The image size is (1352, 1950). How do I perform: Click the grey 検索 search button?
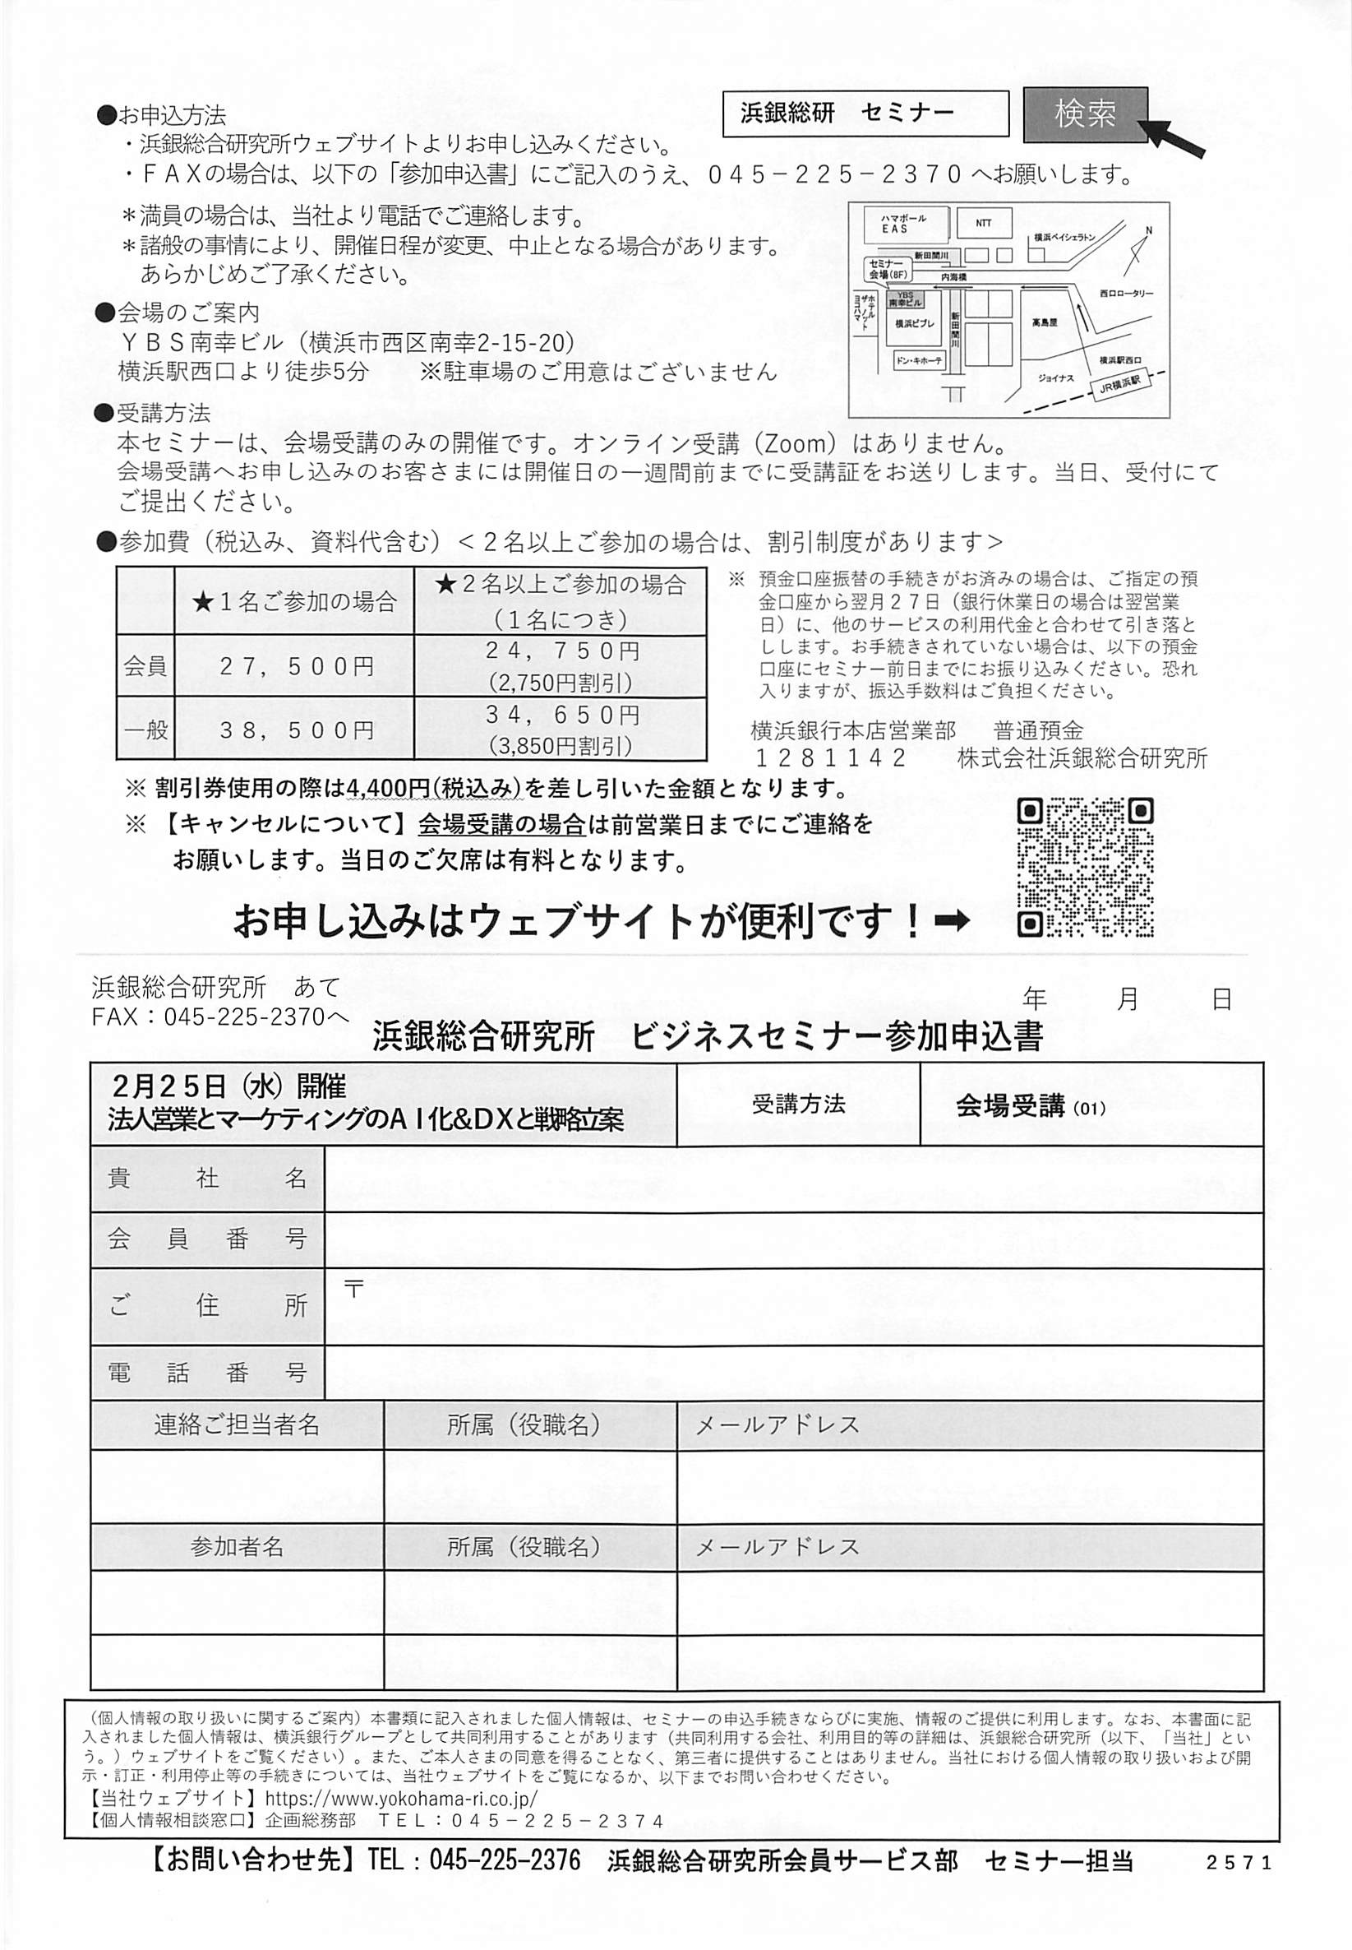[x=1085, y=113]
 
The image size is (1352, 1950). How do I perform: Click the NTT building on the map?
[x=983, y=224]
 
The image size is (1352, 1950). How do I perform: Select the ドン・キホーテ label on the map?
[x=918, y=361]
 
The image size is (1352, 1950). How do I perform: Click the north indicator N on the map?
[x=1149, y=229]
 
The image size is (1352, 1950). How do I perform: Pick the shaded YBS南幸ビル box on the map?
[x=905, y=299]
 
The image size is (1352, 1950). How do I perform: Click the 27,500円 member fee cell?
[x=296, y=666]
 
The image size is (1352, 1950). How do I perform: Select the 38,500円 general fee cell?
[x=296, y=730]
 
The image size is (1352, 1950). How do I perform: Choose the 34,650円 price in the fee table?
[x=561, y=716]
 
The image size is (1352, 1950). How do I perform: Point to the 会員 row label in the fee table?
[x=145, y=666]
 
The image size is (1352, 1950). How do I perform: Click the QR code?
[x=1084, y=866]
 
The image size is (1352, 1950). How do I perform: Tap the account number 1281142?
[x=830, y=757]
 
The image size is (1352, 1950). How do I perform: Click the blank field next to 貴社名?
[x=793, y=1179]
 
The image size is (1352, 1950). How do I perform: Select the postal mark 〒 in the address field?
[x=354, y=1289]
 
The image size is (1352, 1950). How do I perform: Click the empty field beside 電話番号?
[x=793, y=1372]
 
